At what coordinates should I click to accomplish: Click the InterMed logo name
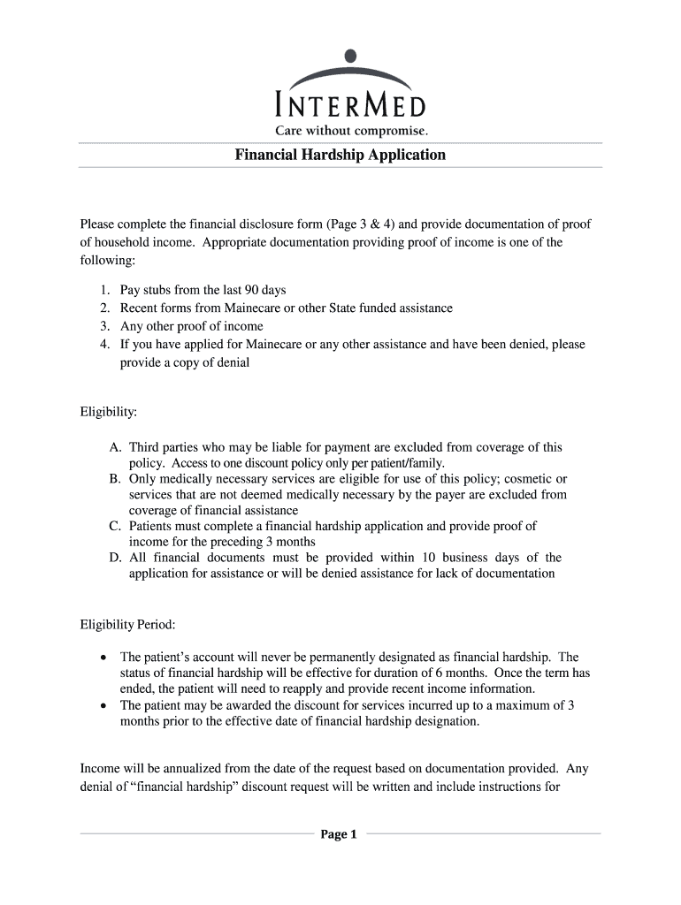tap(351, 107)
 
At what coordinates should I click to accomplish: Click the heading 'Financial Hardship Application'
tap(340, 155)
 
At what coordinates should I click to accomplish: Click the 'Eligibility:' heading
tap(109, 412)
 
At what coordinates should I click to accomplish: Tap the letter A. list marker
tap(115, 448)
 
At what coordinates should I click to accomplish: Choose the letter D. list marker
tap(115, 558)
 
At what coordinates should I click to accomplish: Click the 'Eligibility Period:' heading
tap(128, 625)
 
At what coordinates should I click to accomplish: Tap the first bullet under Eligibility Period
tap(104, 658)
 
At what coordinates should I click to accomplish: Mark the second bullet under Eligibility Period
tap(104, 705)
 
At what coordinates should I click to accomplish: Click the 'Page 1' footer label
tap(339, 834)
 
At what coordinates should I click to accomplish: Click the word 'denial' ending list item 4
tap(231, 362)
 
